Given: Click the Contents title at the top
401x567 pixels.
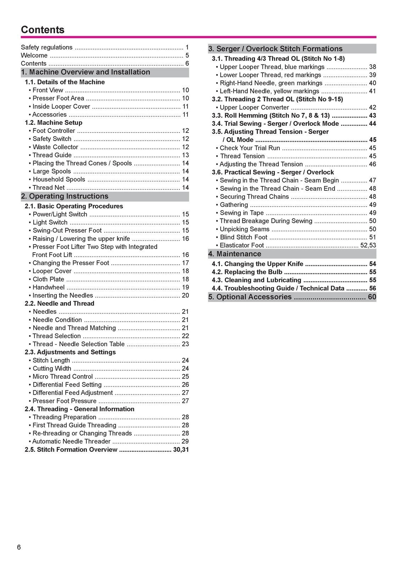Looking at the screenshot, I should [43, 30].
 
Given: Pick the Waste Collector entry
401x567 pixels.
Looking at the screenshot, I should [55, 147].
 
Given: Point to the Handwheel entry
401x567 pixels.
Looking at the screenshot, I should [49, 287].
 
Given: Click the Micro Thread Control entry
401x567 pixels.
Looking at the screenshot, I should [62, 377].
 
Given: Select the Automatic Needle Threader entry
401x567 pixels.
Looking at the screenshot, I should [71, 442].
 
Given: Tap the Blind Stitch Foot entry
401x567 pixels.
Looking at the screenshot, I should [244, 237].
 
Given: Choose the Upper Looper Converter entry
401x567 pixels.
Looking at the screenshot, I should [254, 107].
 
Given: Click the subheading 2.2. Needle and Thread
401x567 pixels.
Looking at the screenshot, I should [60, 304].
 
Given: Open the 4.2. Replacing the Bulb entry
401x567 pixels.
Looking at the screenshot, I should [247, 272].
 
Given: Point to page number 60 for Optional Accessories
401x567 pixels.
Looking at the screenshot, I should [372, 297].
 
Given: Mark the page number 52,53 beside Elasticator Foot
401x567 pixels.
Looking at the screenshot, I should [368, 246].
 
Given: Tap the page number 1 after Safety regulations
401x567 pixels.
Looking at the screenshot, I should [187, 47].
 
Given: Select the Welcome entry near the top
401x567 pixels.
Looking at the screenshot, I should [34, 56].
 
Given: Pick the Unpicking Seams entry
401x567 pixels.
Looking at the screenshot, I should [245, 229].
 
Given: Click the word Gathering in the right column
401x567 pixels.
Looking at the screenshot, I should [234, 205].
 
